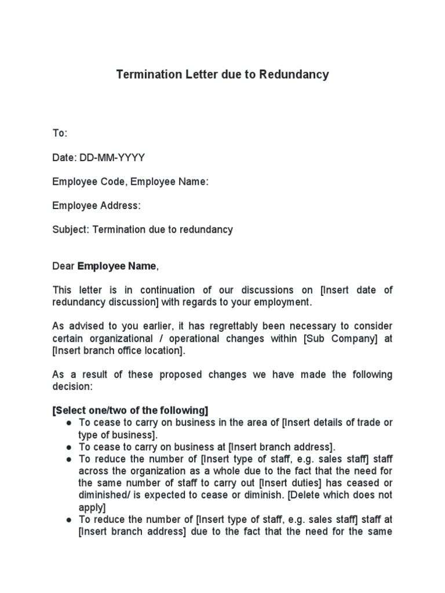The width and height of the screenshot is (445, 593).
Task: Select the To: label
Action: pos(60,133)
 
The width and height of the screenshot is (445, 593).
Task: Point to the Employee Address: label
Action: pos(96,206)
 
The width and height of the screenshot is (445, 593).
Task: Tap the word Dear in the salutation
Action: pos(64,266)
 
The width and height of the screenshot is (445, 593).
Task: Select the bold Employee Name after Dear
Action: pos(116,266)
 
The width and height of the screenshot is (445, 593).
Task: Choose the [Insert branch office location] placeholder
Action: pos(118,351)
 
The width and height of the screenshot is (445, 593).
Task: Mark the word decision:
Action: pos(72,386)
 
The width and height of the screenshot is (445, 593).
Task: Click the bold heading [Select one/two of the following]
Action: pos(130,411)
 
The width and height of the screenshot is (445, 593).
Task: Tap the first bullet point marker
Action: pos(69,423)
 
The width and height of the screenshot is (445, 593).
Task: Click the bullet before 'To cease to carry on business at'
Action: pos(69,447)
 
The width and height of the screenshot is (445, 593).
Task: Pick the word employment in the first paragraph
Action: pos(283,302)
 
